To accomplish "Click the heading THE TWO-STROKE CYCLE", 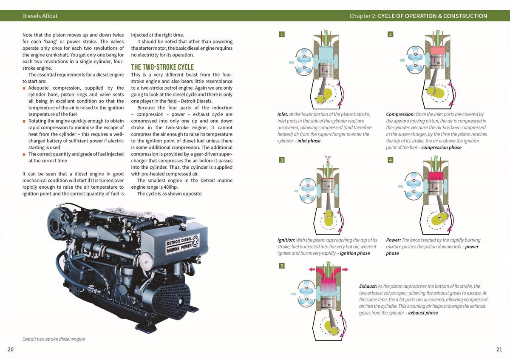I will tap(162, 67).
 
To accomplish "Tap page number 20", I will tap(11, 349).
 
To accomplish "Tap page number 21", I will tap(499, 349).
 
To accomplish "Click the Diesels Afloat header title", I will tap(40, 16).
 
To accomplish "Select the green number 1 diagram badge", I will tap(281, 34).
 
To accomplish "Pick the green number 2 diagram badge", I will tap(390, 34).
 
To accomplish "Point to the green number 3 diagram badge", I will tap(281, 160).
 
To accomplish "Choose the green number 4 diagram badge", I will tap(390, 160).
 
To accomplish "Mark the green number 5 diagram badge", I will tap(281, 266).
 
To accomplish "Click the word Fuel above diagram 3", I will tap(328, 157).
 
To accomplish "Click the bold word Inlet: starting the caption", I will tap(283, 114).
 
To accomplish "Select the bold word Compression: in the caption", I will tap(400, 114).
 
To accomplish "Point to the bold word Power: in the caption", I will tap(393, 240).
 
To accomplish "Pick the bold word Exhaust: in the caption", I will tap(368, 286).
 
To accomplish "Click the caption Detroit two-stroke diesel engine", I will tap(54, 339).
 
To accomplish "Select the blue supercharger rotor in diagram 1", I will tap(304, 62).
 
